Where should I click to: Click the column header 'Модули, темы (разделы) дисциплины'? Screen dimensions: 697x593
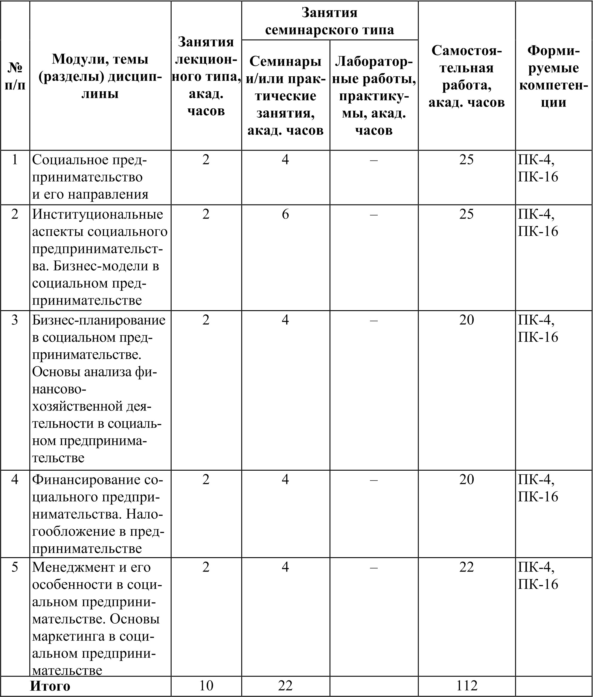pos(100,76)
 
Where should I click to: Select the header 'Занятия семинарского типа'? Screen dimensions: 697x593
pos(329,21)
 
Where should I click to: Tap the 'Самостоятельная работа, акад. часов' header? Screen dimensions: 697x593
pos(466,76)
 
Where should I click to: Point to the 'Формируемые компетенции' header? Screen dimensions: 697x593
pos(553,76)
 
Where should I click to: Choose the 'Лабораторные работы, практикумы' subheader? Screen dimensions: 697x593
pos(374,96)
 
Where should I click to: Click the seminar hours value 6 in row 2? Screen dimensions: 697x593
pos(285,214)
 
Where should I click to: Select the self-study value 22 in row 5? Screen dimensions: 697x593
pos(466,567)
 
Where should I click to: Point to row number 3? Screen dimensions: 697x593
pos(15,319)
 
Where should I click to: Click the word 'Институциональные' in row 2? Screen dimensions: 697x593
pos(98,214)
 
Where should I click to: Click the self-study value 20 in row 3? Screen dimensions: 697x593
pos(466,319)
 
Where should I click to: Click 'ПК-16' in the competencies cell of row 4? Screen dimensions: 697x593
pos(538,496)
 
